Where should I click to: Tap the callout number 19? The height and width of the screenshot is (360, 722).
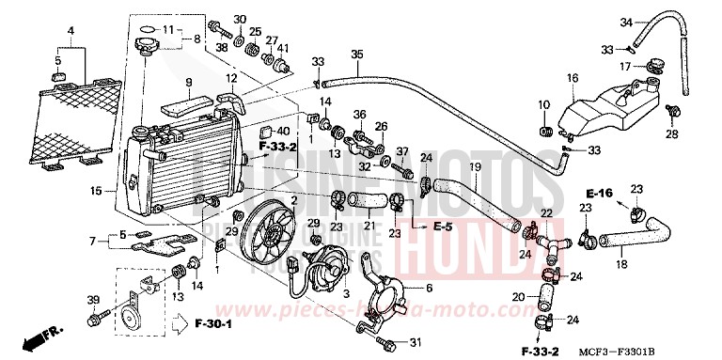coord(475,167)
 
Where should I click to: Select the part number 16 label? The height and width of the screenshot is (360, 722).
coord(573,77)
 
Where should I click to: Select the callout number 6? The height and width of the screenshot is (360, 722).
coord(429,290)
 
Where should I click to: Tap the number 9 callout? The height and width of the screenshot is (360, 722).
coord(188,82)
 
